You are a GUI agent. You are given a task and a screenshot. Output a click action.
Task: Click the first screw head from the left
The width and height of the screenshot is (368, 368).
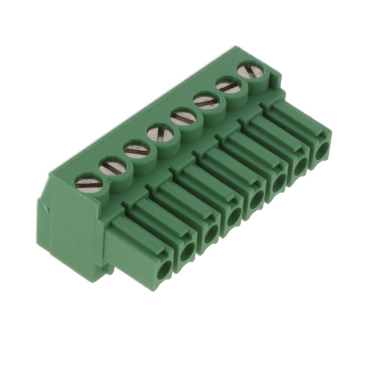89,184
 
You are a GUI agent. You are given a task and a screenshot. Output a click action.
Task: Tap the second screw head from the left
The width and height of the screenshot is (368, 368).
113,167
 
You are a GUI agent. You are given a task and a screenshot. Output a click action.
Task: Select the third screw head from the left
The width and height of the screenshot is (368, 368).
136,150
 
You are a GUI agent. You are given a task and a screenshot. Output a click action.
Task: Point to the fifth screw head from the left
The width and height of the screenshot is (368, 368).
183,118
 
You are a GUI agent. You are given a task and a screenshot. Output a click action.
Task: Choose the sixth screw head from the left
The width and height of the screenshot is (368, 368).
206,102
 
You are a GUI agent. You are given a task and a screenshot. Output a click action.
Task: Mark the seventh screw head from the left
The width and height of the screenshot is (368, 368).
228,87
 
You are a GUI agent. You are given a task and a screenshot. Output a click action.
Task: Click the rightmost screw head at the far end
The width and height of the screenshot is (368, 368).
248,72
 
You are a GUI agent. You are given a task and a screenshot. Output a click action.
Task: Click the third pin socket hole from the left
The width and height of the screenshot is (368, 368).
210,232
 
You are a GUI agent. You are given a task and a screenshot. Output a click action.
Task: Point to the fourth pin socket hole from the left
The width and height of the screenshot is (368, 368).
233,216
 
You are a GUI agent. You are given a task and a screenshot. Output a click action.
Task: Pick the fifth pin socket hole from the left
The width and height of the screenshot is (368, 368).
255,200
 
